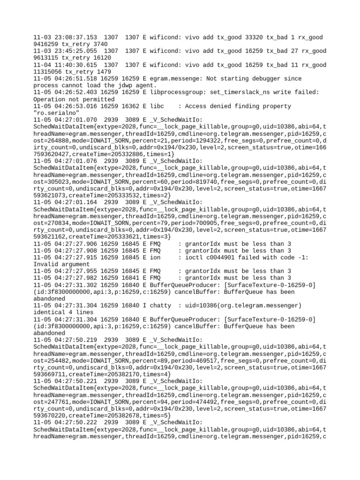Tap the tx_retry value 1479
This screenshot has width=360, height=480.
104,72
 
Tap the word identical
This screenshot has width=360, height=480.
51,312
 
